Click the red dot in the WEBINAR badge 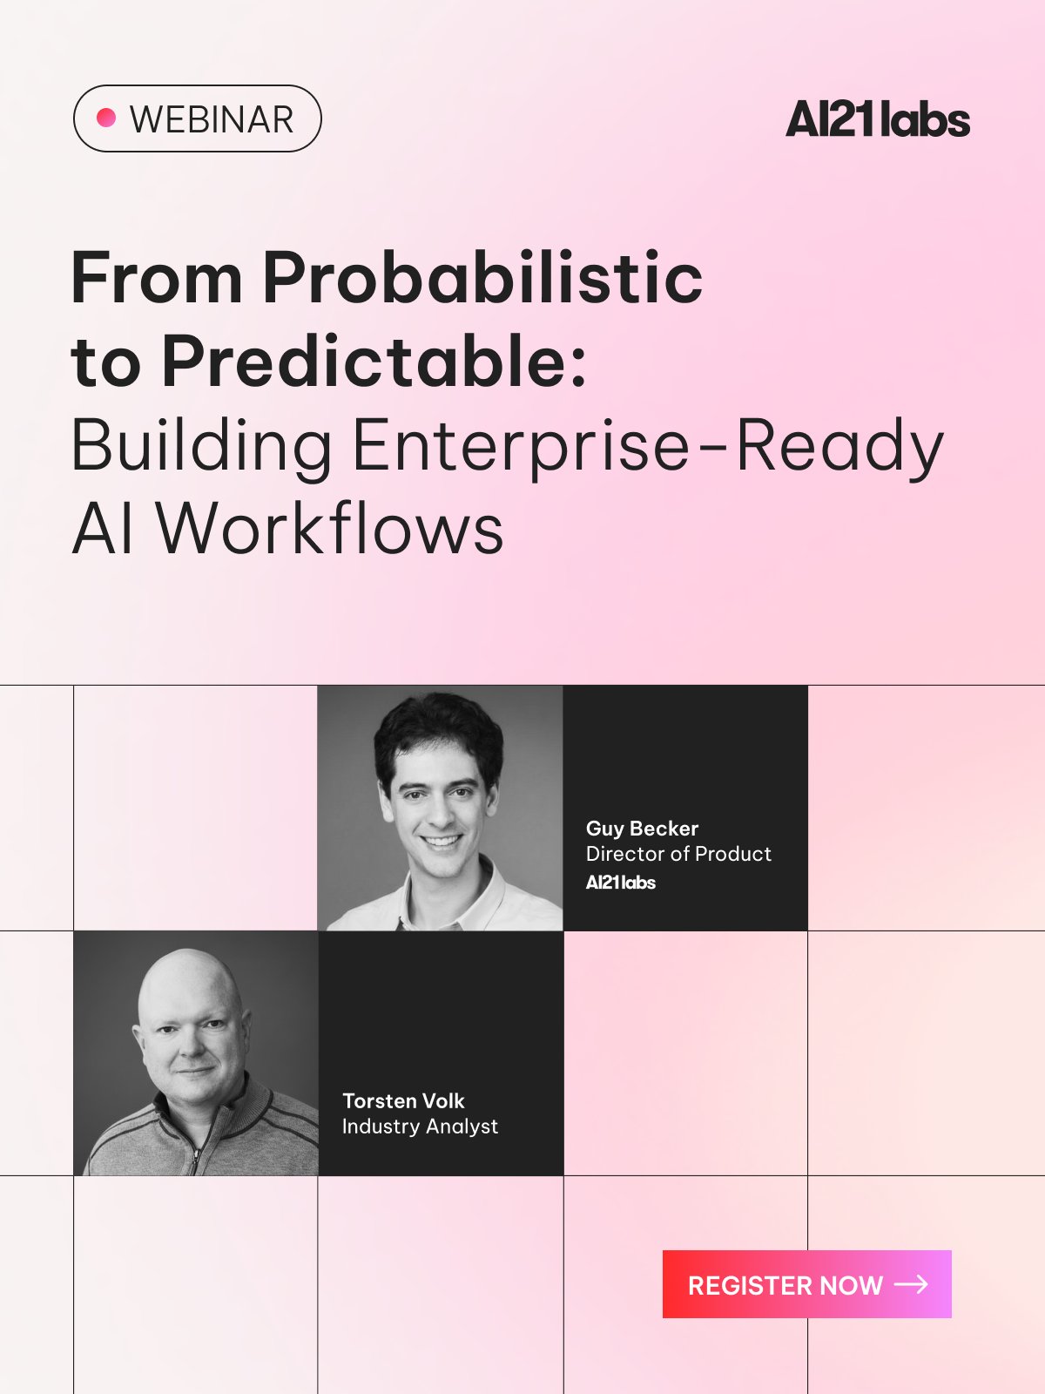coord(106,118)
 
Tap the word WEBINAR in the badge coord(212,119)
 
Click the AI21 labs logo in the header coord(878,119)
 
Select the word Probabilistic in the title coord(482,278)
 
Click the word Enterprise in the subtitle coord(520,446)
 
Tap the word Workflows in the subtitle coord(330,528)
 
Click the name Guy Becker coord(642,829)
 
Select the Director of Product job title coord(678,854)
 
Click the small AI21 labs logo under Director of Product coord(621,882)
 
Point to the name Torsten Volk coord(403,1100)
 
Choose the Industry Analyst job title coord(420,1127)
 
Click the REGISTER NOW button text coord(785,1286)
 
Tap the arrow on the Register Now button coord(911,1285)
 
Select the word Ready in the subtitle coord(839,446)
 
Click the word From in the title coord(156,279)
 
